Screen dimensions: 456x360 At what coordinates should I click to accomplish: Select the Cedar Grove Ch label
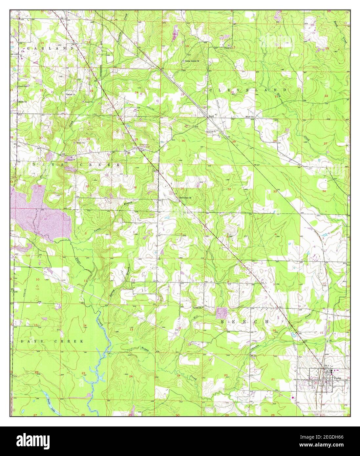192,61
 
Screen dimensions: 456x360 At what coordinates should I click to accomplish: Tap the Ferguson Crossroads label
140,146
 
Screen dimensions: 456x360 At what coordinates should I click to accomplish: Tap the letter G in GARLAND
29,48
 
